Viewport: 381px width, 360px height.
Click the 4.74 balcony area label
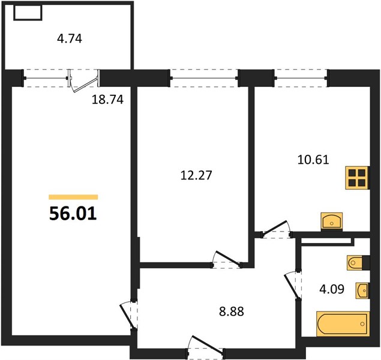tap(70, 39)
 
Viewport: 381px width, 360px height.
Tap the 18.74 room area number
tap(107, 100)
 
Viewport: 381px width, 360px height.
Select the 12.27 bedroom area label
tap(196, 175)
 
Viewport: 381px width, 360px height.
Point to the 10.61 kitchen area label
tap(313, 160)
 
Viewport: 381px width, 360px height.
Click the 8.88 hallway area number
tap(232, 311)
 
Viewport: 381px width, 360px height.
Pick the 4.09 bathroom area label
tap(332, 289)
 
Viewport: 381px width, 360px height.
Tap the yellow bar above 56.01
tap(73, 197)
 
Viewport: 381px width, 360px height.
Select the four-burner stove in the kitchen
tap(358, 178)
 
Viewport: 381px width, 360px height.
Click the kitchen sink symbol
tap(332, 221)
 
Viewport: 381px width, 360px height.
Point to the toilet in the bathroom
tap(356, 263)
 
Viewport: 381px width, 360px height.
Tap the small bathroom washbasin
tap(362, 290)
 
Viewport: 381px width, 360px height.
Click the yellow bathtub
tap(343, 324)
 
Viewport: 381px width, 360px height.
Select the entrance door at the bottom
tap(206, 346)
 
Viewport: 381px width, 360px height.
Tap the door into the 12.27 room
tap(226, 259)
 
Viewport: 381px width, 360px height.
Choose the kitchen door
tap(277, 229)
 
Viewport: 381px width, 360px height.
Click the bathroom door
tap(293, 285)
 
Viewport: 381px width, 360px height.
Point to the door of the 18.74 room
tap(128, 315)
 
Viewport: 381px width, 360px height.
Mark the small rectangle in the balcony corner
tap(28, 13)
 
